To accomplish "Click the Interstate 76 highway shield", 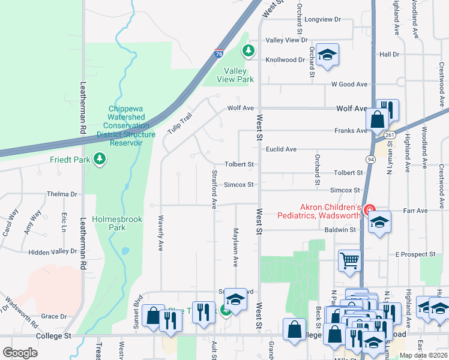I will pyautogui.click(x=220, y=53).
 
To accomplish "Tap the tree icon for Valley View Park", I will pyautogui.click(x=247, y=51).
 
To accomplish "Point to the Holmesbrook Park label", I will pyautogui.click(x=117, y=223).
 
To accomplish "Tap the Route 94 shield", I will pyautogui.click(x=372, y=158).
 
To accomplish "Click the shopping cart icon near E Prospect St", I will pyautogui.click(x=349, y=261).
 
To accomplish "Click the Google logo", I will pyautogui.click(x=20, y=353).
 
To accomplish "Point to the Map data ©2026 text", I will pyautogui.click(x=423, y=355).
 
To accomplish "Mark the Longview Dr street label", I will pyautogui.click(x=322, y=20).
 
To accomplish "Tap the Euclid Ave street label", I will pyautogui.click(x=282, y=149).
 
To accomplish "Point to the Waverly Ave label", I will pyautogui.click(x=160, y=233).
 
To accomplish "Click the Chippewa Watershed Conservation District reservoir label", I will pyautogui.click(x=125, y=126).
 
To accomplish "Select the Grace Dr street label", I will pyautogui.click(x=54, y=316).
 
